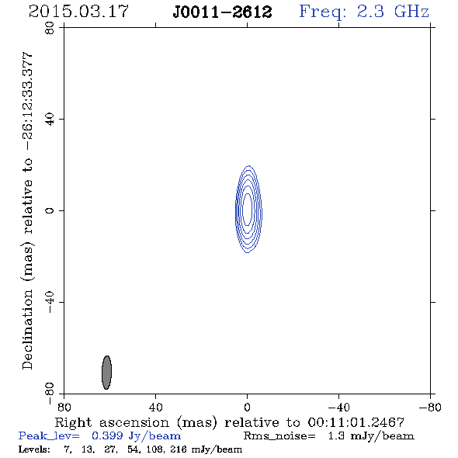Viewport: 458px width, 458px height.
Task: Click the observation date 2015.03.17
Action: coord(78,12)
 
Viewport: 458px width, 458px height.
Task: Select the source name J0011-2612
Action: coord(222,12)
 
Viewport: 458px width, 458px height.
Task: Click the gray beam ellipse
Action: coord(106,373)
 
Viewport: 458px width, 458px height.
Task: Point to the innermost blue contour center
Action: coord(247,209)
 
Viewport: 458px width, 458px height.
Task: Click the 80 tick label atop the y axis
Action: coord(50,28)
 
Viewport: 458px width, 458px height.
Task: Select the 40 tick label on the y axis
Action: coord(50,120)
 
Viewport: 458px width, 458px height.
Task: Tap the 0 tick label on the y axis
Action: coord(50,210)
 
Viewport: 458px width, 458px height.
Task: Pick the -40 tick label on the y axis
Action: coord(50,302)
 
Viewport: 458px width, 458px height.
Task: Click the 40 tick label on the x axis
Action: coord(155,408)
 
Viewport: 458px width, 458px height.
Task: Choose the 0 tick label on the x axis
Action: coord(247,408)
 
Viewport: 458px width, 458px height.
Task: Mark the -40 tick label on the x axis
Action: coord(338,408)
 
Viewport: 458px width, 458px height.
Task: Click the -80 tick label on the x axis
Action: coord(430,408)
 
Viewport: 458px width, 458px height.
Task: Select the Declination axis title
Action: coord(28,210)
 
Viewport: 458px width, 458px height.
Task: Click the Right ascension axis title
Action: coord(229,423)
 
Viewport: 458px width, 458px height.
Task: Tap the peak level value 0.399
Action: coord(107,435)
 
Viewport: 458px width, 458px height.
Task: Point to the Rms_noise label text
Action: coord(279,436)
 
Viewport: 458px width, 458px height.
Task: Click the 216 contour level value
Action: coord(179,449)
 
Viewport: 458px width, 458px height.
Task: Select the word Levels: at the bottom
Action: coord(34,449)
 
